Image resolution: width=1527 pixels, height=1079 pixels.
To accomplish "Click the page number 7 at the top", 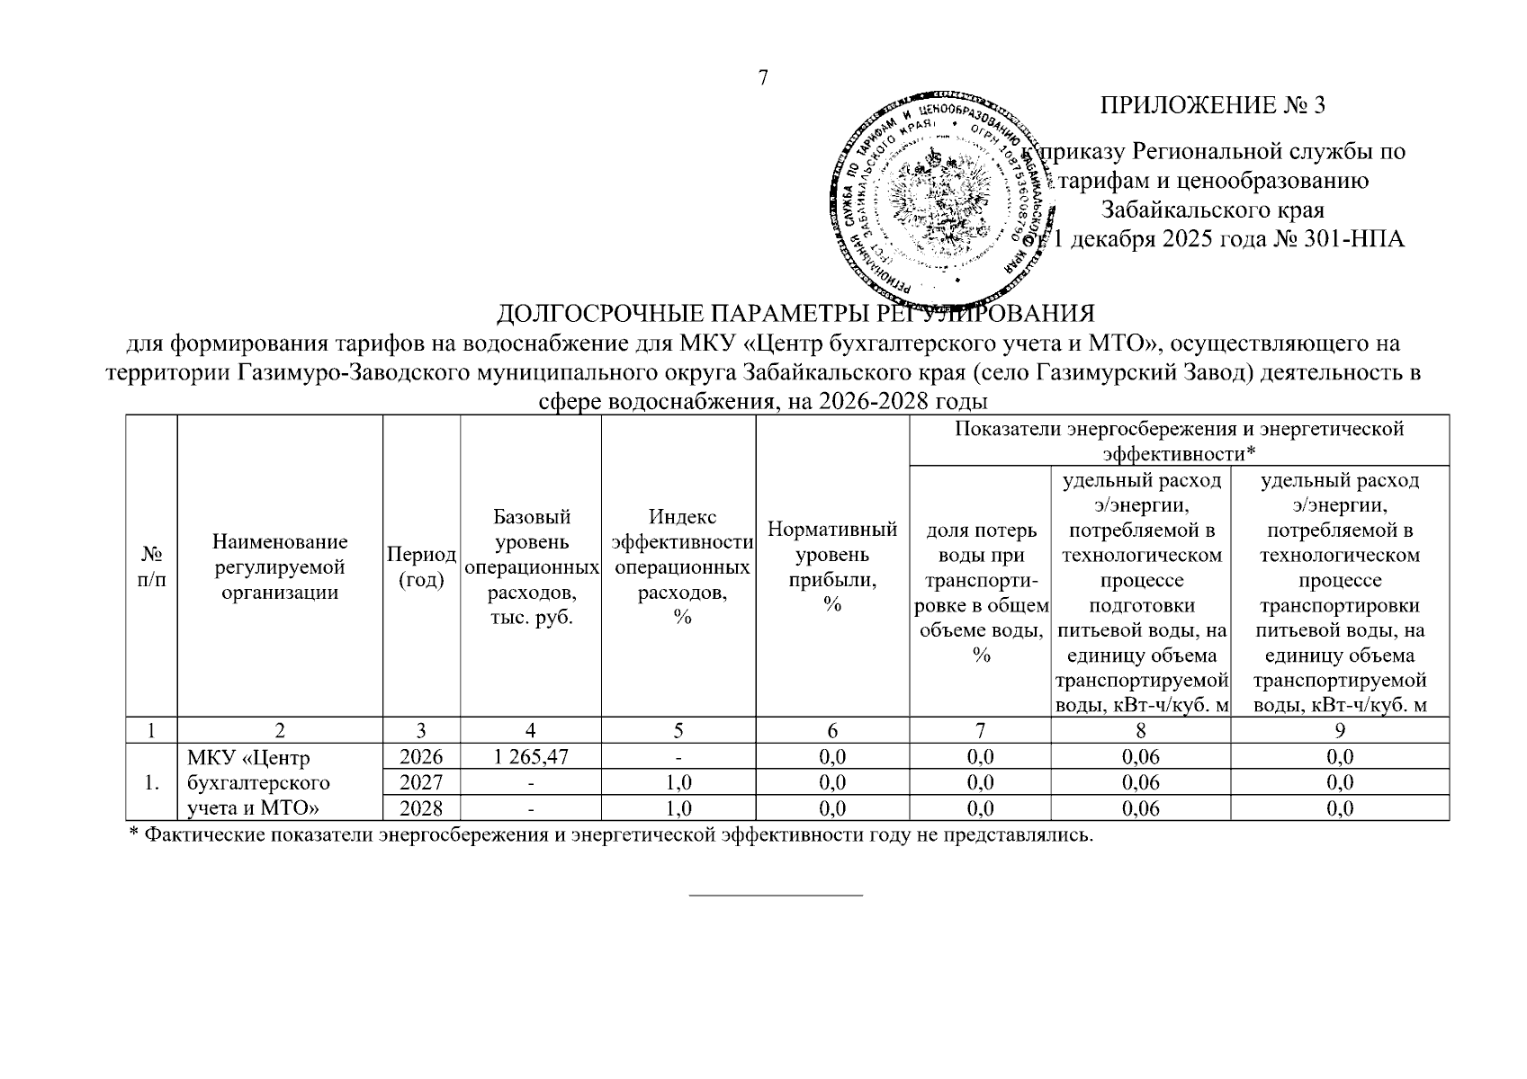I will pos(763,78).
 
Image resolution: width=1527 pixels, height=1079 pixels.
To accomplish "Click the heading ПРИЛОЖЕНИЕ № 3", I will pos(1213,105).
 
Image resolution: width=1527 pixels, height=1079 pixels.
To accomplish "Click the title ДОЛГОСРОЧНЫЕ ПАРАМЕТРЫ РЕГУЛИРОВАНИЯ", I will pos(795,314).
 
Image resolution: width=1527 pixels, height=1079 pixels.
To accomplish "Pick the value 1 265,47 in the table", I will pos(531,757).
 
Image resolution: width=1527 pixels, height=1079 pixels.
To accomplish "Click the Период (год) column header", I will pos(421,566).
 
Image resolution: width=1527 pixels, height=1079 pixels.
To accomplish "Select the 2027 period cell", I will pos(421,782).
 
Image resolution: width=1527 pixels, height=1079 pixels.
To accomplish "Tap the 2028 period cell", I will pos(421,808).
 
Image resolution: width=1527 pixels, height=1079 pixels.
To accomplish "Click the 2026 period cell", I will pos(421,757).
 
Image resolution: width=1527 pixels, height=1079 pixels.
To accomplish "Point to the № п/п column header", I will pos(152,566).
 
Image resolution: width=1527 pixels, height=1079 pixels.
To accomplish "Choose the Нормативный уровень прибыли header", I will pos(832,566).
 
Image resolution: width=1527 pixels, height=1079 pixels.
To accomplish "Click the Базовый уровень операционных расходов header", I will pos(531,566).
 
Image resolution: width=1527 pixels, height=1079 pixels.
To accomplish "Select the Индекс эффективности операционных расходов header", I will pos(681,566).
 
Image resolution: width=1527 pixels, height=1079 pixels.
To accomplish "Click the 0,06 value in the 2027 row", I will pos(1141,782).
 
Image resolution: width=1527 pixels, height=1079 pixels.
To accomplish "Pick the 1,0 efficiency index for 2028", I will pos(679,808).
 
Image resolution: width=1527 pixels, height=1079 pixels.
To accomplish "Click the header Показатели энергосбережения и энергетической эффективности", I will pos(1179,440).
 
